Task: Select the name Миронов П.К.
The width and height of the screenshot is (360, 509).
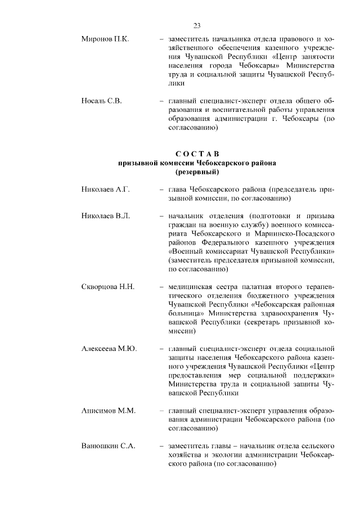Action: coord(105,39)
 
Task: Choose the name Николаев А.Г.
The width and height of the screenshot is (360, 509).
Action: coord(106,190)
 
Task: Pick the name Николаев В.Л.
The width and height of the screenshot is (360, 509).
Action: coord(106,216)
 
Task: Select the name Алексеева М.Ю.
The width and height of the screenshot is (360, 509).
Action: coord(109,348)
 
